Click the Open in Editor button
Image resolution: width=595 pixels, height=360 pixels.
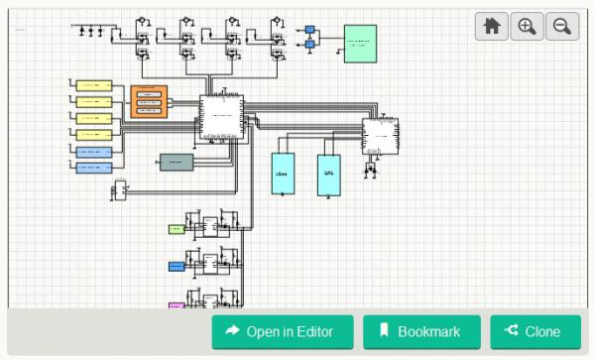click(x=283, y=332)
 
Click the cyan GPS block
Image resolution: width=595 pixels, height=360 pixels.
click(x=329, y=174)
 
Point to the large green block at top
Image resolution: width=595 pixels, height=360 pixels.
click(x=360, y=44)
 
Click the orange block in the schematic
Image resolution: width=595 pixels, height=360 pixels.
click(x=149, y=101)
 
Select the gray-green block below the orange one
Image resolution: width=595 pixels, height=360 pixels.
click(x=177, y=162)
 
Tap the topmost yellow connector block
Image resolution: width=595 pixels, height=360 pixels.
click(x=94, y=86)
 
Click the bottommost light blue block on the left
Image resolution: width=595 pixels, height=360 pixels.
click(x=94, y=168)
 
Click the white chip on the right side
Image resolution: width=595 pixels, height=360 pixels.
click(x=380, y=136)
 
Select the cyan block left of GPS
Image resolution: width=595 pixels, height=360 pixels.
click(x=284, y=174)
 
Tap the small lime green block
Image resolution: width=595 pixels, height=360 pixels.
click(x=176, y=229)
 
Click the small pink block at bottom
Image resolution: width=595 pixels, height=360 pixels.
click(x=176, y=306)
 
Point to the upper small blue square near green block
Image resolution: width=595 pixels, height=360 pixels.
click(x=309, y=30)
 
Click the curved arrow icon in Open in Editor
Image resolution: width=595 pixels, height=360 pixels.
click(x=233, y=331)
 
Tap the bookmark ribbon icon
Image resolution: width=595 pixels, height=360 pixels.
click(x=384, y=331)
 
